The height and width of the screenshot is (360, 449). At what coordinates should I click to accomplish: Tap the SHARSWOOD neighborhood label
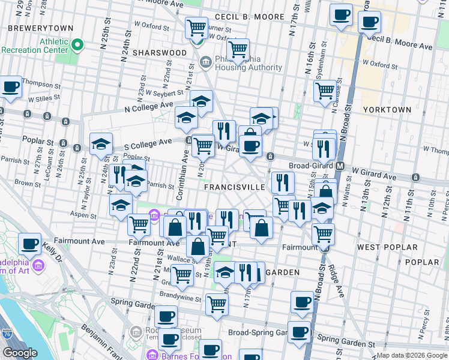tap(160, 53)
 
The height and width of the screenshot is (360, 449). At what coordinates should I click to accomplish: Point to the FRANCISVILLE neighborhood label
tap(234, 187)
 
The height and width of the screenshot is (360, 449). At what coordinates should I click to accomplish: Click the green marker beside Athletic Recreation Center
tap(77, 45)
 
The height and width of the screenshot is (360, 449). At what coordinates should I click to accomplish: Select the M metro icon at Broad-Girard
tap(340, 166)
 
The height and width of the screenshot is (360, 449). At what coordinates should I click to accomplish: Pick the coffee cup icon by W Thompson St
tap(11, 87)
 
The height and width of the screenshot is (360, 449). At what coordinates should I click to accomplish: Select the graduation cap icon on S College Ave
tap(101, 144)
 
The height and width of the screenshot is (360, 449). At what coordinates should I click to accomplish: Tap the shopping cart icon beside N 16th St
tap(325, 91)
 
